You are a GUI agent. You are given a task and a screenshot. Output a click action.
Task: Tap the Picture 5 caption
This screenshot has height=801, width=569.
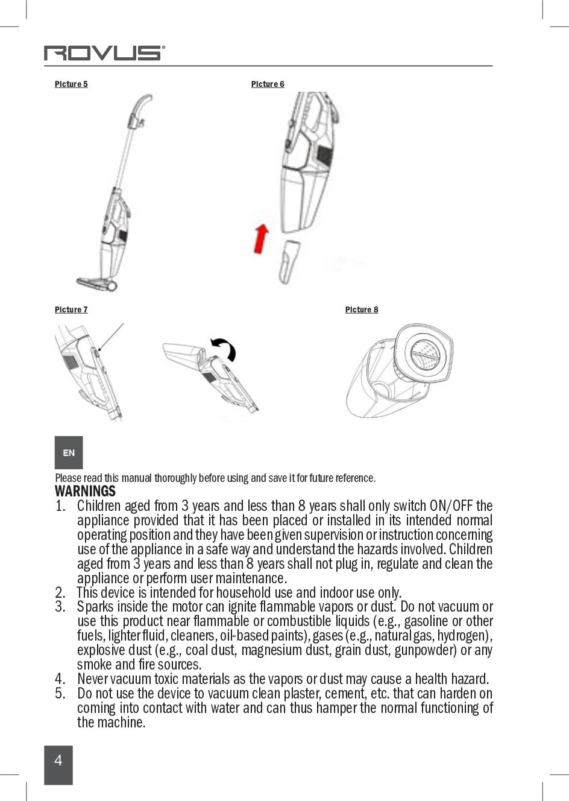pos(71,84)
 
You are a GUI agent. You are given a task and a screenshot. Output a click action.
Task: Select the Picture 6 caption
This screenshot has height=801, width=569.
pos(268,84)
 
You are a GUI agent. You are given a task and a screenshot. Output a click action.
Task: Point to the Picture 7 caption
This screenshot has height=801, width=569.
pos(71,309)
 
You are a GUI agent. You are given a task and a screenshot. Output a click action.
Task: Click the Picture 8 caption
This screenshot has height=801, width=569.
pos(362,309)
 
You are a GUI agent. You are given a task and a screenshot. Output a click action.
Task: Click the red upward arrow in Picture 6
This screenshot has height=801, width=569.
pos(261,238)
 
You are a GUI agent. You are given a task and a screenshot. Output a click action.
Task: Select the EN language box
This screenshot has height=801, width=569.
pos(69,452)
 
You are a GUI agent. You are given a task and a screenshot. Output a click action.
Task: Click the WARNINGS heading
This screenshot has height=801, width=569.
pos(85,492)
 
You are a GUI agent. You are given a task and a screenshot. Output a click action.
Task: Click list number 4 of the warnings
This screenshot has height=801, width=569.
pos(60,679)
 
